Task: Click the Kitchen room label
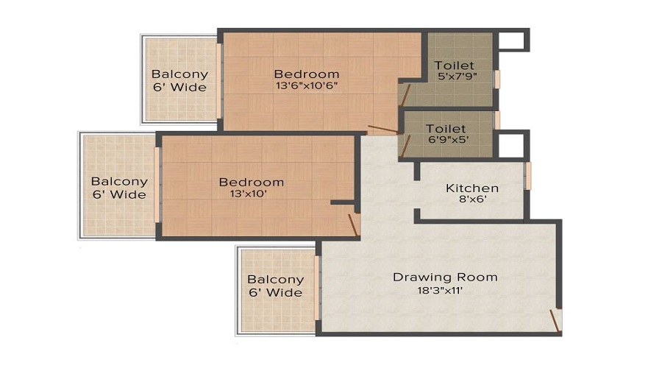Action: point(472,188)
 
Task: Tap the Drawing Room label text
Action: point(445,277)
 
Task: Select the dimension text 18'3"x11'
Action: point(441,290)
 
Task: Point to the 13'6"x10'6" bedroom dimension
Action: point(307,86)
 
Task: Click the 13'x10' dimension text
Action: point(251,194)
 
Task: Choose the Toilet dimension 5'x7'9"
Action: point(454,77)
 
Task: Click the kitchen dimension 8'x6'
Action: point(471,199)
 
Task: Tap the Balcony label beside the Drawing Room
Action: point(275,280)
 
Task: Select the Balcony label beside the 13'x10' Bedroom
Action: point(119,182)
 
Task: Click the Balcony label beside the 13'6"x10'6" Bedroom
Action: point(179,74)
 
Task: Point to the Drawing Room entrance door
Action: point(555,320)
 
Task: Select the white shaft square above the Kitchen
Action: point(510,145)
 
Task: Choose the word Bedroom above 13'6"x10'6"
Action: point(307,74)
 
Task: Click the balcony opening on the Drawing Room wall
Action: point(318,287)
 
